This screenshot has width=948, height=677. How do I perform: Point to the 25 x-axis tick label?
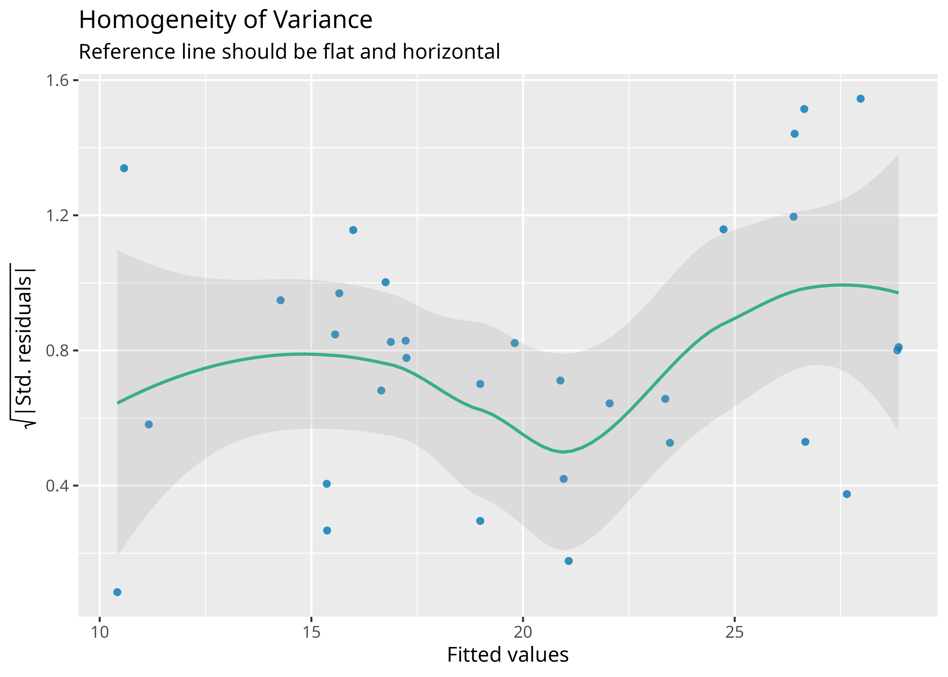pos(734,632)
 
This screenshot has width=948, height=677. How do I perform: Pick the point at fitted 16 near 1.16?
pos(353,230)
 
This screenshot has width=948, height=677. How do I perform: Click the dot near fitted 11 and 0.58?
pos(149,424)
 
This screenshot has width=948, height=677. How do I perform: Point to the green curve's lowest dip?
pos(562,452)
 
